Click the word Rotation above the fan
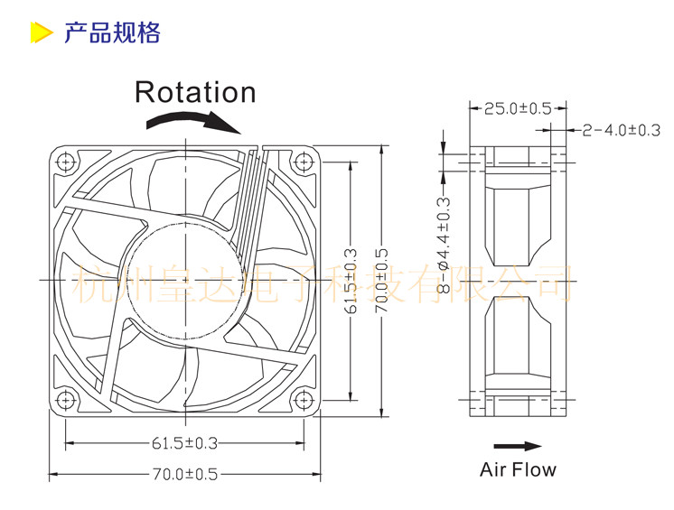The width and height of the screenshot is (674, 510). coord(195,92)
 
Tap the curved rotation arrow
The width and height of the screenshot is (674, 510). coord(194,123)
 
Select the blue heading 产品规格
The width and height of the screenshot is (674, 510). coord(112,33)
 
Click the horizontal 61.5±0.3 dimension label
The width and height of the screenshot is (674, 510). coord(184,443)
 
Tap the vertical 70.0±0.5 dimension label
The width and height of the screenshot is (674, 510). coord(380,281)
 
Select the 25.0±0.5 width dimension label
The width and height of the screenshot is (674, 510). coord(518,109)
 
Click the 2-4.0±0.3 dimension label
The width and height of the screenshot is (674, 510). coord(621,131)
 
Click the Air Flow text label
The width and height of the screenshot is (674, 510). coord(518,469)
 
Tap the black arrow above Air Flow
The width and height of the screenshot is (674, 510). coord(517,446)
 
